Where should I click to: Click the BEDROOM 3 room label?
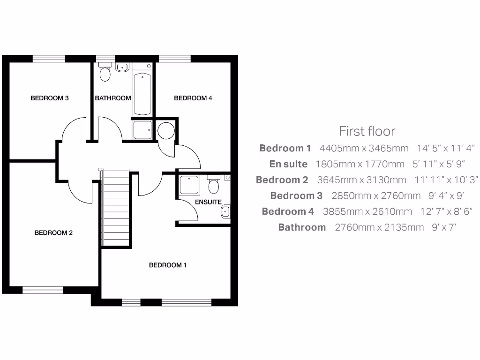50,98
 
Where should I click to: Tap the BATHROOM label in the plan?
112,98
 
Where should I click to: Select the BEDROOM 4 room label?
193,98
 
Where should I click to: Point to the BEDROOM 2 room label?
53,232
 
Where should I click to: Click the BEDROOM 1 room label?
168,265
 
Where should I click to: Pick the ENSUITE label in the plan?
208,202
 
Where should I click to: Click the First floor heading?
367,131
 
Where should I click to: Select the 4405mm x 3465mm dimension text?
364,148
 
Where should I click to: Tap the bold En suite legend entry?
288,164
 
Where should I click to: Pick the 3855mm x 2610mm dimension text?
367,211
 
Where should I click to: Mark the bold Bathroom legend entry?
302,227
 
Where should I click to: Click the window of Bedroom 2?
43,290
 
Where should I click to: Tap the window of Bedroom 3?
49,58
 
